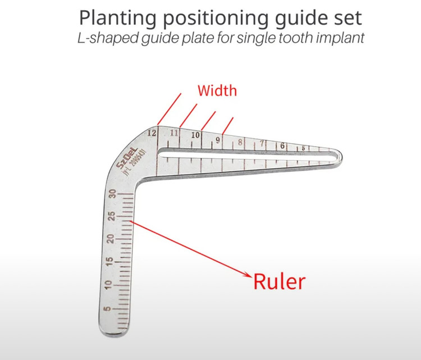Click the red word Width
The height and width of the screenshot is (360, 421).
pyautogui.click(x=217, y=90)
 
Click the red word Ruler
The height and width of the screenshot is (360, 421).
pyautogui.click(x=280, y=281)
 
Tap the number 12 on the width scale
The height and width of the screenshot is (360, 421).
pyautogui.click(x=151, y=133)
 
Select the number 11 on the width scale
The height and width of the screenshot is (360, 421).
pyautogui.click(x=175, y=133)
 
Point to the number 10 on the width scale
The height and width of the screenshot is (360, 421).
pyautogui.click(x=195, y=135)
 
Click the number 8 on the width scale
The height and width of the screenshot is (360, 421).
pyautogui.click(x=240, y=142)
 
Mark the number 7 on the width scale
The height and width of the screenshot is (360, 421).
pyautogui.click(x=262, y=144)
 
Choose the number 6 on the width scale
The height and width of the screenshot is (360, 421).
pyautogui.click(x=282, y=146)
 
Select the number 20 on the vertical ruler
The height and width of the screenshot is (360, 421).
pyautogui.click(x=112, y=239)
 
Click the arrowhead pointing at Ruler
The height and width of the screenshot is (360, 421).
pyautogui.click(x=248, y=275)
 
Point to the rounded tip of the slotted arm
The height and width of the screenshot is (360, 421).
pyautogui.click(x=338, y=158)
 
